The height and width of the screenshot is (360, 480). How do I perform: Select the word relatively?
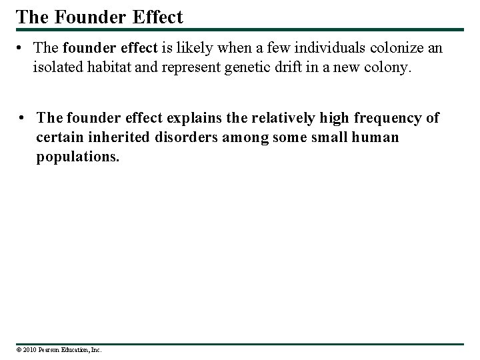pyautogui.click(x=289, y=119)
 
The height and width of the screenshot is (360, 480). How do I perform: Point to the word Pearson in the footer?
pyautogui.click(x=51, y=349)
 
